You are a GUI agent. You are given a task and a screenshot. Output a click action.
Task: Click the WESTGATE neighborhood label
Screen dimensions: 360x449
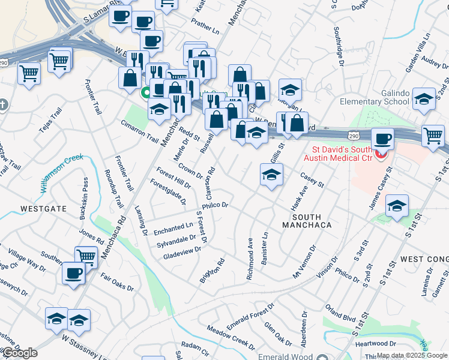tap(43, 209)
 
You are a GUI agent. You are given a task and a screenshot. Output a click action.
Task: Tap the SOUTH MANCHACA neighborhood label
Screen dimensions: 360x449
tap(306, 221)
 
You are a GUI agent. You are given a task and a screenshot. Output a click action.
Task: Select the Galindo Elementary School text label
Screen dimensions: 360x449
tap(373, 97)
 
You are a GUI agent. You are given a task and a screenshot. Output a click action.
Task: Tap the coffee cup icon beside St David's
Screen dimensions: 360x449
tap(382, 139)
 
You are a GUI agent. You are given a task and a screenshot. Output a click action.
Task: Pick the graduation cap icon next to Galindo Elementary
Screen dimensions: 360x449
tap(424, 99)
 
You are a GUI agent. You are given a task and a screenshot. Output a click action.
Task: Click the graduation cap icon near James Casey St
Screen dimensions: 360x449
tap(396, 205)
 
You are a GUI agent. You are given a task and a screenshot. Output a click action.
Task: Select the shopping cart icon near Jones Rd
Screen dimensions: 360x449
tap(86, 256)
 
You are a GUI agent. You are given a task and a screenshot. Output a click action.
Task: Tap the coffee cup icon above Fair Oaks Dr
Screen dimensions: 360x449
tap(74, 273)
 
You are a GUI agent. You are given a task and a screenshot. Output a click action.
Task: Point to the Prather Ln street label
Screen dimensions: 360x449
tap(205, 27)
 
